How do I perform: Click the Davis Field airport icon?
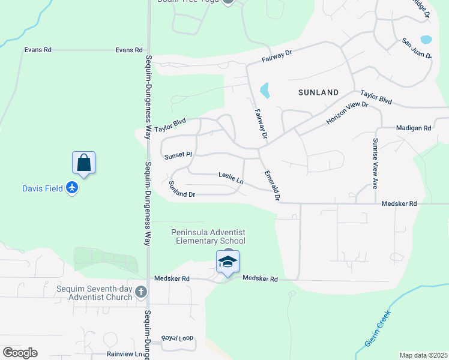[72, 188]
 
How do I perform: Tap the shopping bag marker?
[84, 163]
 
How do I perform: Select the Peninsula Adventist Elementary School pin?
[228, 262]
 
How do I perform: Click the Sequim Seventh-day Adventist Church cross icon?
[140, 292]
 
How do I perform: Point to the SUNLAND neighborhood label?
[319, 92]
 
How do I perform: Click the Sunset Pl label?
[178, 155]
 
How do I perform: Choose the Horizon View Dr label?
[346, 113]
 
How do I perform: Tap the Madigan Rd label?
[414, 128]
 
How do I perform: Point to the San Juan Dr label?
[417, 49]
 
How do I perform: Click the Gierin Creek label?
[378, 328]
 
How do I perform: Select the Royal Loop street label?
[178, 338]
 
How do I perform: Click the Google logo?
[20, 353]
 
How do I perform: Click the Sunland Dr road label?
[182, 190]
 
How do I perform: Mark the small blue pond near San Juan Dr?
[426, 40]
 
